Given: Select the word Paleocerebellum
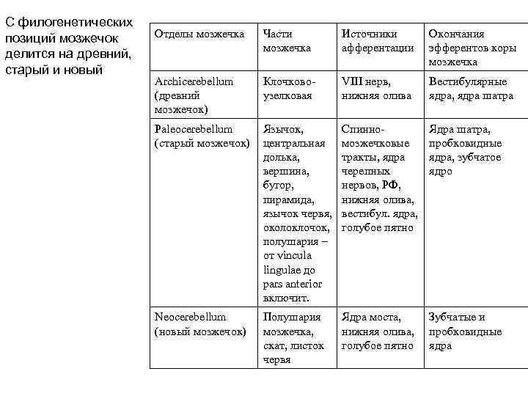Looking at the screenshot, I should point(194,129).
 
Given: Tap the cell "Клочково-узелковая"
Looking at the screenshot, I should point(287,89).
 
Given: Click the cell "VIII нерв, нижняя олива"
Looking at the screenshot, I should point(376,89).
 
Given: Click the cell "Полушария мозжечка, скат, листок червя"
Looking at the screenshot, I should point(293,338).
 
